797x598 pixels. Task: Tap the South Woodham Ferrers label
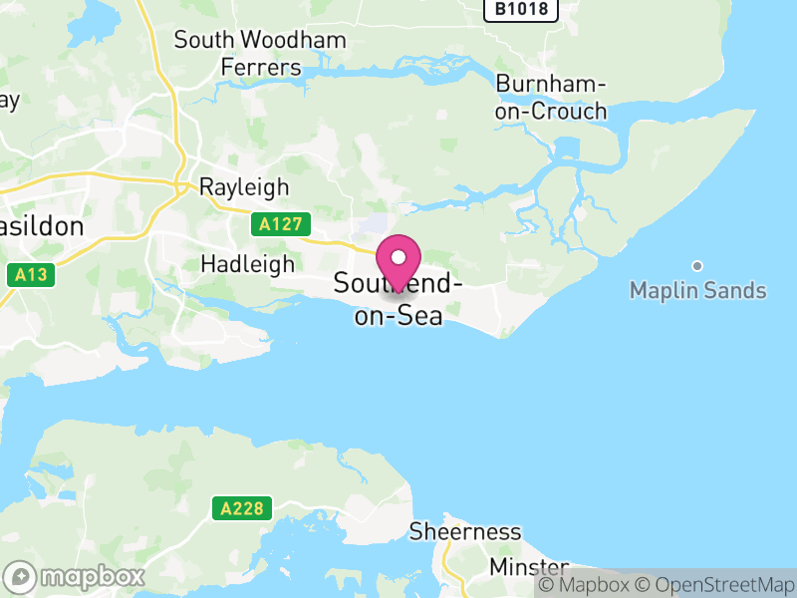[260, 54]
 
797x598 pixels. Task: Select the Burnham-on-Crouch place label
[551, 97]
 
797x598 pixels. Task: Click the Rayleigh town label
[244, 186]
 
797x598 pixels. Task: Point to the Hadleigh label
[247, 264]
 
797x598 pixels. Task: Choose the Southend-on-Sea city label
[398, 298]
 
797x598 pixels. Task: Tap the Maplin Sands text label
[697, 291]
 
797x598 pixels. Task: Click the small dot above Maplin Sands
[697, 265]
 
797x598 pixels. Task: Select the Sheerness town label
[465, 531]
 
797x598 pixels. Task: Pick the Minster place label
[528, 567]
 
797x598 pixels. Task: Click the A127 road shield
[280, 224]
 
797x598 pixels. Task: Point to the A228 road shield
[242, 508]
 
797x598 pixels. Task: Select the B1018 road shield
[520, 9]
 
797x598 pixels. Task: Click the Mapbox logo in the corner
[77, 576]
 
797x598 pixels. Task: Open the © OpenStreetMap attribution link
[714, 585]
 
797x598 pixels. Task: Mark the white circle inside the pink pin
[398, 257]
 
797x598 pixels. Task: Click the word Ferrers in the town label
[261, 68]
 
